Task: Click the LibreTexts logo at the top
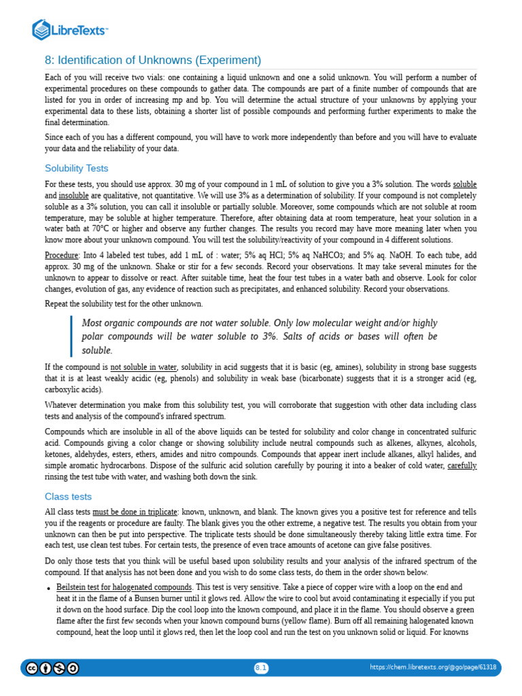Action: coord(71,29)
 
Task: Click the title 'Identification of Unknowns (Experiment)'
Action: coord(153,60)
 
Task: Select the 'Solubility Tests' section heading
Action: coord(76,168)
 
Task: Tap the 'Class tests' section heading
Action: coord(68,496)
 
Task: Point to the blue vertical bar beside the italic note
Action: coord(71,336)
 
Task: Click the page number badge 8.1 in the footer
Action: coord(261,668)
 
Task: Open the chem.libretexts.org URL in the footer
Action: coord(432,668)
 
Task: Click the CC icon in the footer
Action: coord(32,668)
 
